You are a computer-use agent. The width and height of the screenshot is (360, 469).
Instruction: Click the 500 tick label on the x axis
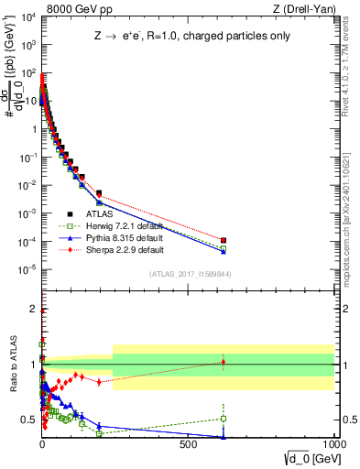[x=188, y=442]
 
